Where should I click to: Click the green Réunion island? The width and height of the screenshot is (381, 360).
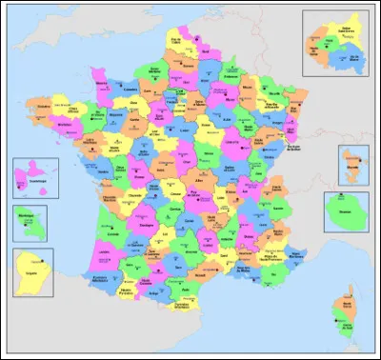point(345,211)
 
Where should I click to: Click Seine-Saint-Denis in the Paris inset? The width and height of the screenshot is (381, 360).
point(340,31)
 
